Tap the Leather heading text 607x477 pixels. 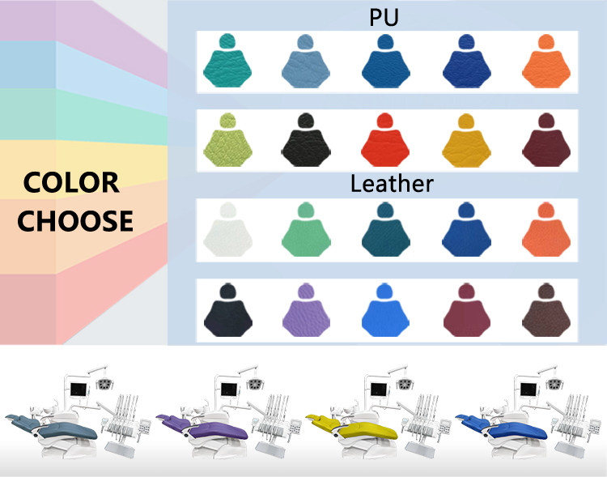392,184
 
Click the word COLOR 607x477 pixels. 71,183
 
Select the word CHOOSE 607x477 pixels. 75,221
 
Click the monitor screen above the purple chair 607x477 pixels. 227,389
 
